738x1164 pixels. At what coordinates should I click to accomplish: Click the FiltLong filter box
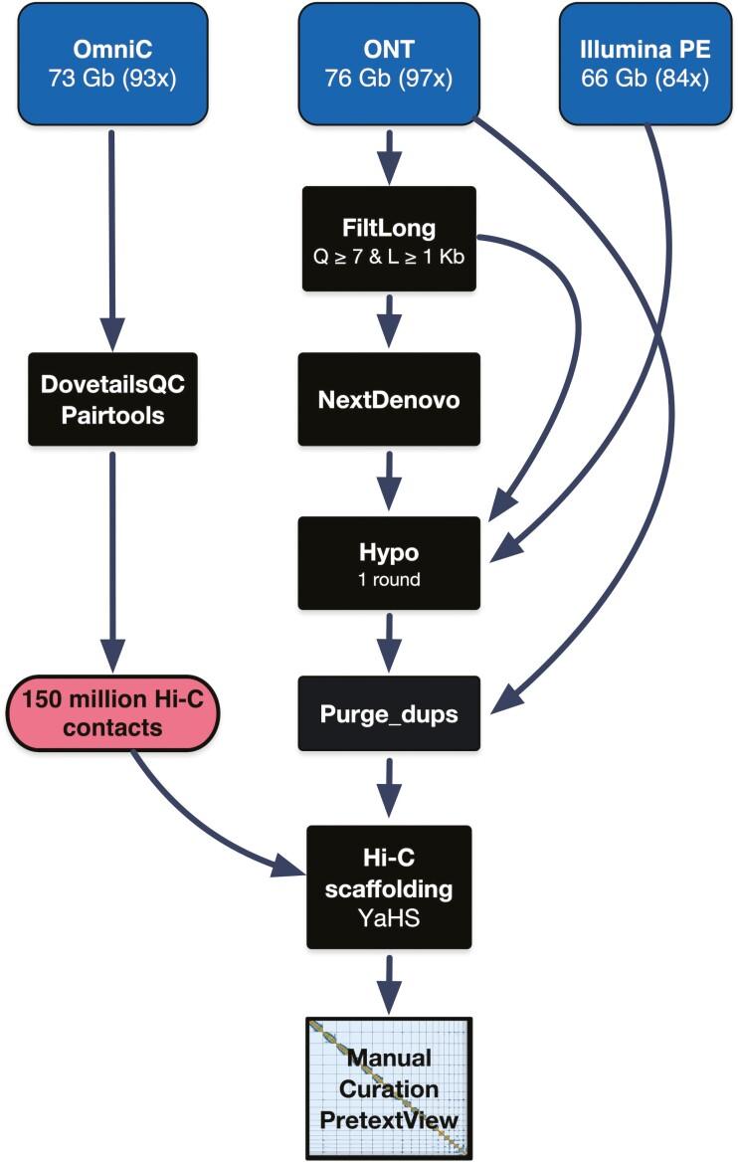tap(388, 239)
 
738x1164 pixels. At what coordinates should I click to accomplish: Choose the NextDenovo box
tap(388, 398)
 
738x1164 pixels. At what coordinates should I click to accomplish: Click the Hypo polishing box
tap(388, 562)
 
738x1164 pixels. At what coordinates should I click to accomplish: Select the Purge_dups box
tap(388, 714)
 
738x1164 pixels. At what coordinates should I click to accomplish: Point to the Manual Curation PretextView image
tap(388, 1087)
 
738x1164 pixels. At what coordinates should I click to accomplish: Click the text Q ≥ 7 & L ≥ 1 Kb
tap(388, 255)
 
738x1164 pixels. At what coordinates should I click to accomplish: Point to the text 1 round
tap(388, 579)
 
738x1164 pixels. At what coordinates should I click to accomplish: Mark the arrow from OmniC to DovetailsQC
tap(110, 239)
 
